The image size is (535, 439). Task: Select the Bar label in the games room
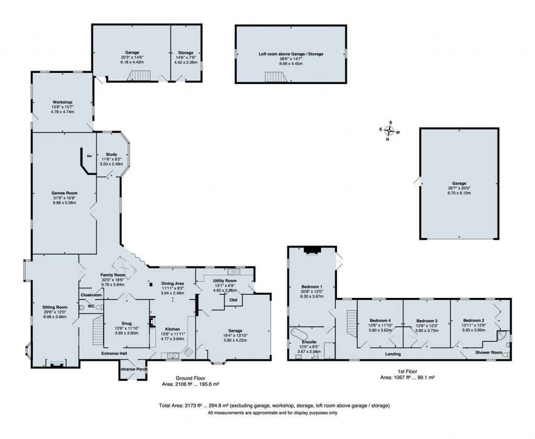[89, 155]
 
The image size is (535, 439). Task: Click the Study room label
[111, 154]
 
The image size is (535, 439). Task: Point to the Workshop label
[62, 102]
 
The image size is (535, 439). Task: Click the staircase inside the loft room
[276, 77]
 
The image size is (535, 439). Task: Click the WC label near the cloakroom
[90, 306]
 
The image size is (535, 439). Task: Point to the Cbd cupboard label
[233, 300]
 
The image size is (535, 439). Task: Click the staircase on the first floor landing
[352, 320]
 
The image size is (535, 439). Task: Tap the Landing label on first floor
[393, 354]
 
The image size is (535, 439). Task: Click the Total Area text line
[274, 406]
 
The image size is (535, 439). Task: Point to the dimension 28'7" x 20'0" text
[459, 189]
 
